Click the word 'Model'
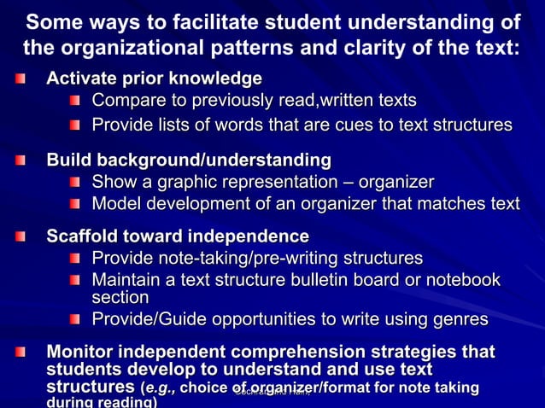point(117,204)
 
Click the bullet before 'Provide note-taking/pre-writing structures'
point(75,259)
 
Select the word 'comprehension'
point(302,352)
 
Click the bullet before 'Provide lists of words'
point(75,126)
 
